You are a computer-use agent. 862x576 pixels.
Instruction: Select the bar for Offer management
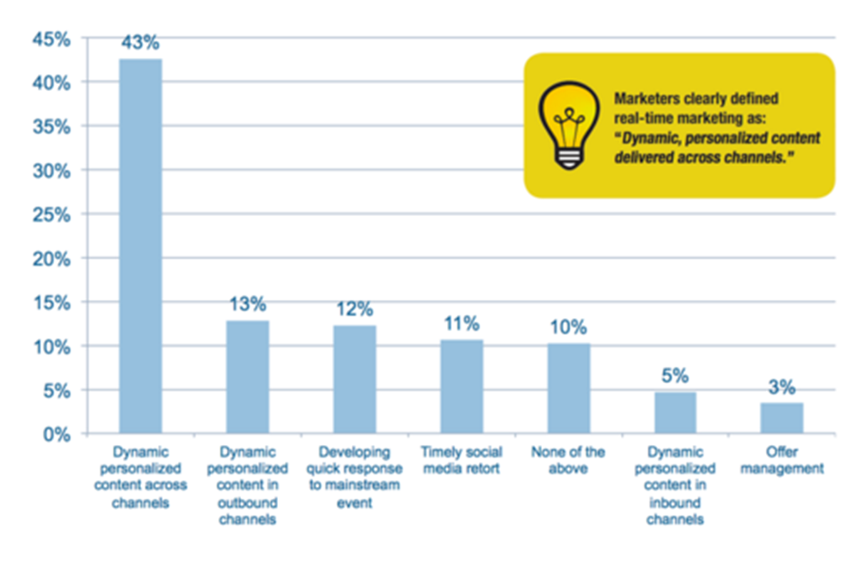click(782, 418)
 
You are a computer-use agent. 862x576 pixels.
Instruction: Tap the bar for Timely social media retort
click(461, 386)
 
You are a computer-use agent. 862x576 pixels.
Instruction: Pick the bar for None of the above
click(569, 388)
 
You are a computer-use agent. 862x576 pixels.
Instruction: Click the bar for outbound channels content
click(247, 377)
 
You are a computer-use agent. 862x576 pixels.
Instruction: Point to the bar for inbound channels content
click(675, 412)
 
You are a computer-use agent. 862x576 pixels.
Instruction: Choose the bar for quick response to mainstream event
click(355, 380)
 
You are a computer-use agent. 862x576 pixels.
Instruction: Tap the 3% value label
click(782, 388)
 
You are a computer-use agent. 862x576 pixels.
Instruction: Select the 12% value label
click(355, 309)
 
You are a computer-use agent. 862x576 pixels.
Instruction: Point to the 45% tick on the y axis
click(51, 39)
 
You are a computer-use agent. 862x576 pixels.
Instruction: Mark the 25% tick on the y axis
click(51, 214)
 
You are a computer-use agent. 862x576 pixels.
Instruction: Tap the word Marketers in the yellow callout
click(645, 97)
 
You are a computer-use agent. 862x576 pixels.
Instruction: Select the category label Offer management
click(782, 460)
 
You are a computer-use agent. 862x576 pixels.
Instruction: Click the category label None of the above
click(569, 460)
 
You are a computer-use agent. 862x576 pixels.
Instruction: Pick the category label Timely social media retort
click(461, 460)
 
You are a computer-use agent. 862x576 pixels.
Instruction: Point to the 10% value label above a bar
click(569, 327)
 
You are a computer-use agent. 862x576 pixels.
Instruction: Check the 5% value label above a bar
click(675, 376)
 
